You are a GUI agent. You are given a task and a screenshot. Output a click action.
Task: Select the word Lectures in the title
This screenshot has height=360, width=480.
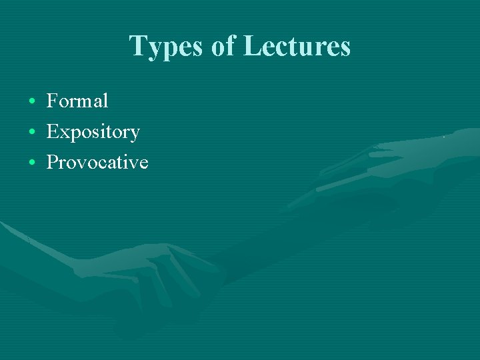coord(297,46)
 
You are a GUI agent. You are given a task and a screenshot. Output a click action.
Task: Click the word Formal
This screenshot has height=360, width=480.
coord(77,101)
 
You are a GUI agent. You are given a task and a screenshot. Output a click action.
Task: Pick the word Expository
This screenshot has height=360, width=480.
coord(93,132)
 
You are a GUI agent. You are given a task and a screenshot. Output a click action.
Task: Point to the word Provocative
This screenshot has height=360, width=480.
coord(97,162)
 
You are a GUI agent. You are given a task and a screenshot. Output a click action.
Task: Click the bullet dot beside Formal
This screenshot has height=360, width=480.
coord(32,102)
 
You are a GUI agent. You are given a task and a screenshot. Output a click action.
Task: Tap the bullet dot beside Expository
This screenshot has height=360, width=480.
coord(32,133)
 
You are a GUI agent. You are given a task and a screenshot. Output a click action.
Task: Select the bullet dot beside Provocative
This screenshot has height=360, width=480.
coord(32,163)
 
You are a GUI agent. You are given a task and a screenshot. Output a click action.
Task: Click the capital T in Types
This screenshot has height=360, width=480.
coord(138,46)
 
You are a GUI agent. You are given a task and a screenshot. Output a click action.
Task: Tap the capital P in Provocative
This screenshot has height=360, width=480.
coord(52,162)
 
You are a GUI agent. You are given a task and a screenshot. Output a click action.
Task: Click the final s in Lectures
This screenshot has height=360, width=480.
coord(344,48)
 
